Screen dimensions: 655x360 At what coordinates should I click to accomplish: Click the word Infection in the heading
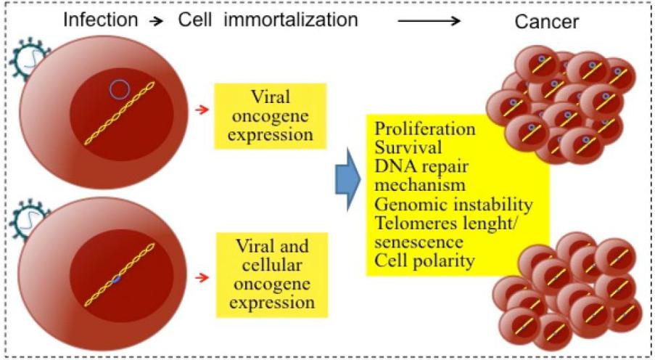point(100,20)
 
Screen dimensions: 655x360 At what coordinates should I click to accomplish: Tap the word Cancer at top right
point(546,21)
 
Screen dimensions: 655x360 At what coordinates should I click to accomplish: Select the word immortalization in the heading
point(291,20)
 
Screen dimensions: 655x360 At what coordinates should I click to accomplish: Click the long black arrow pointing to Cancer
point(429,21)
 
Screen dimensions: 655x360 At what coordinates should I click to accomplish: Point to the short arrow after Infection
point(157,21)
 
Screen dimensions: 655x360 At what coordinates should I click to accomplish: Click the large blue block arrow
point(347,179)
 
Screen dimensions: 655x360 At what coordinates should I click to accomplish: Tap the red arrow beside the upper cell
point(202,110)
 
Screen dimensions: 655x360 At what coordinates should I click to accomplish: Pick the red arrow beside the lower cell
point(202,277)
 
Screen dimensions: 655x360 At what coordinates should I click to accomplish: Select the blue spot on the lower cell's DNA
point(117,279)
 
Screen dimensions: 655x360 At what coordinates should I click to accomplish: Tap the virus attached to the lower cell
point(27,219)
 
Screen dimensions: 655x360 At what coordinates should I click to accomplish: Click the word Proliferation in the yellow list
point(424,129)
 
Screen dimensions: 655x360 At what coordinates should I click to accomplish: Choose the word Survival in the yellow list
point(408,147)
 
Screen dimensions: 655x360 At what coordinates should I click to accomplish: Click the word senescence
point(419,242)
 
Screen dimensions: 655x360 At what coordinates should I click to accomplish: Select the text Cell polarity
point(424,261)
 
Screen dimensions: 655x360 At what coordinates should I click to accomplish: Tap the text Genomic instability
point(453,205)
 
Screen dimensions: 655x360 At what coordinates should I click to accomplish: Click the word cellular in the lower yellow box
point(271,265)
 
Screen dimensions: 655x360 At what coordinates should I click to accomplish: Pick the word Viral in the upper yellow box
point(270,97)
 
